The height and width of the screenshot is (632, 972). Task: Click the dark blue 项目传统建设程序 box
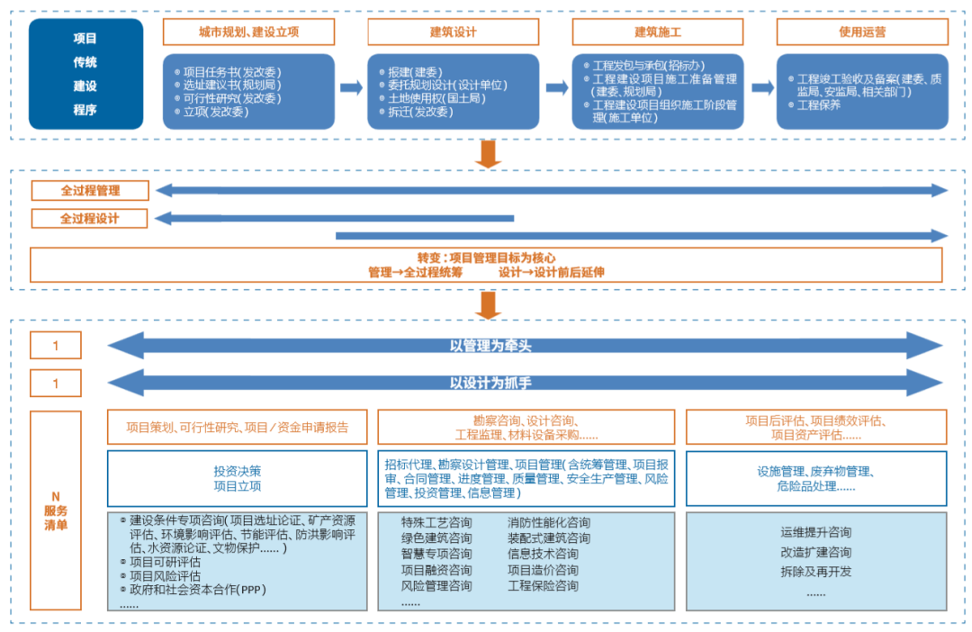click(85, 74)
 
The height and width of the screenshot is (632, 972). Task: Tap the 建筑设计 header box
click(453, 32)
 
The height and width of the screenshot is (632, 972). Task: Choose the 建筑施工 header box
click(658, 32)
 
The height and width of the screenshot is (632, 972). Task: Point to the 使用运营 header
click(862, 32)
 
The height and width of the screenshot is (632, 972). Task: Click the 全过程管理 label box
click(89, 191)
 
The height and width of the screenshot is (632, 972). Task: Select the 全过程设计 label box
click(89, 218)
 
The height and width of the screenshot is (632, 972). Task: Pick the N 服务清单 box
click(55, 510)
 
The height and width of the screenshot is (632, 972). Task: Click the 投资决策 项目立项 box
click(238, 478)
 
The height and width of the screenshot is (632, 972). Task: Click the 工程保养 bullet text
click(818, 105)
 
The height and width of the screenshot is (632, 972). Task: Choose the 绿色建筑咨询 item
click(436, 537)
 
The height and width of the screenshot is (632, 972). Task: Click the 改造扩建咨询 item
click(815, 552)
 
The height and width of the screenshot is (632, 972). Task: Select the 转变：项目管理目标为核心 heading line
click(486, 257)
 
